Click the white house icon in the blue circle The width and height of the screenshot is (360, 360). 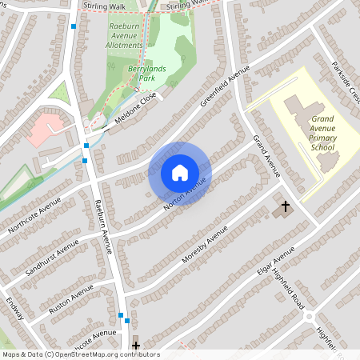pos(179,173)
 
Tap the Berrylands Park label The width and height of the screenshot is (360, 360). pos(144,74)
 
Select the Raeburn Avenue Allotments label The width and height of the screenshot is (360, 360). pos(125,36)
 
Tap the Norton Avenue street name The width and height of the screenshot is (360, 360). pos(185,194)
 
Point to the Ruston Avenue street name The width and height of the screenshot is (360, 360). pos(71,299)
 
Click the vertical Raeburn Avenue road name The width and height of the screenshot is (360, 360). pos(102,226)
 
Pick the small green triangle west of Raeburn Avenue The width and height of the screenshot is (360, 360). pos(59,91)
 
